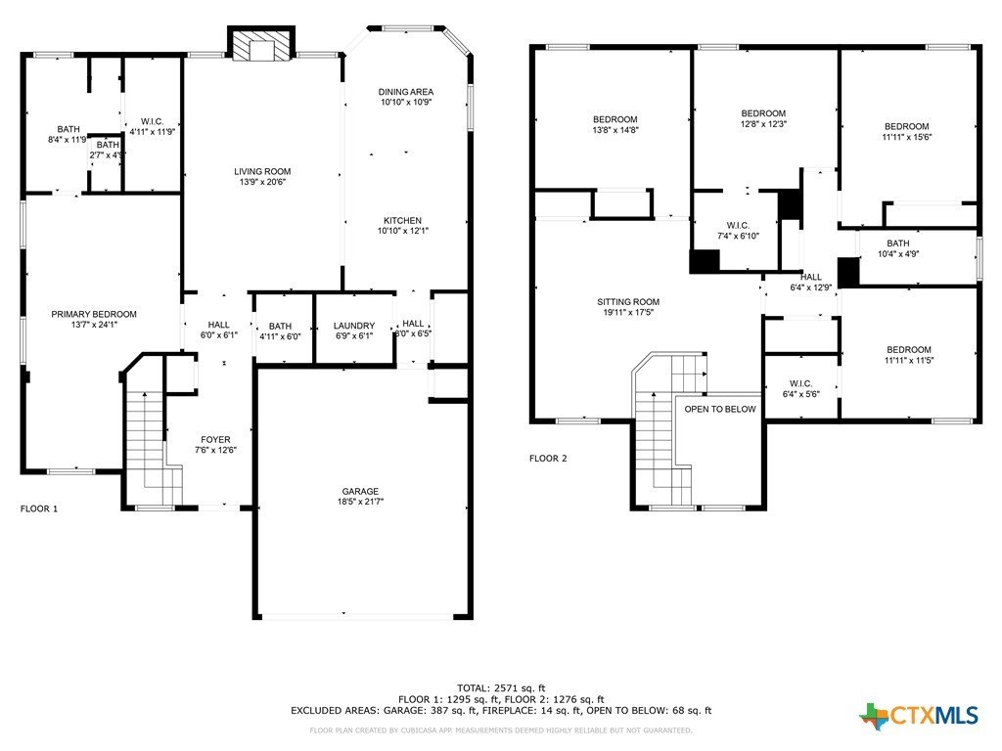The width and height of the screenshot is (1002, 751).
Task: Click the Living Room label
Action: tap(261, 172)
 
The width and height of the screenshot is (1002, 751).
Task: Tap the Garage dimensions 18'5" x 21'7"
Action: tap(360, 504)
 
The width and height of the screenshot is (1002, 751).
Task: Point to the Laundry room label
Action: tap(353, 327)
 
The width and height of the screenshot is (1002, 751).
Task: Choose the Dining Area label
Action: tap(405, 92)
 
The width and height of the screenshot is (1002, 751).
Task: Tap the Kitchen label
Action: tap(402, 220)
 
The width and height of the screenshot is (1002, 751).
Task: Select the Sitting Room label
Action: tap(628, 302)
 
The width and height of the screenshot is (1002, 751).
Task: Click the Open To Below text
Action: tap(720, 409)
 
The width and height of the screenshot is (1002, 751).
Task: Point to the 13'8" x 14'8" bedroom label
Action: tap(615, 119)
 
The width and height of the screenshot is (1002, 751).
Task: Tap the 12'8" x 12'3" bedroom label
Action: tap(763, 113)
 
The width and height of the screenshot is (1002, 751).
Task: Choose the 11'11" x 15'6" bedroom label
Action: tap(907, 126)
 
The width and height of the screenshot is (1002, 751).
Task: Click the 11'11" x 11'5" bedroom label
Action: tap(909, 350)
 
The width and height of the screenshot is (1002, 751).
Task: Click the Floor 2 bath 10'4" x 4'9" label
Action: tap(897, 243)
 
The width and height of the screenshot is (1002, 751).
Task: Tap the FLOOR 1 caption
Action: tap(39, 508)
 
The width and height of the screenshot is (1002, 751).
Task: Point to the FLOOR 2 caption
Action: tap(548, 458)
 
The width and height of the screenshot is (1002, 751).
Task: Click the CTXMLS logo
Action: tap(919, 716)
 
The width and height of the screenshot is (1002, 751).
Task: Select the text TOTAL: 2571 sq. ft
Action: tap(500, 686)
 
